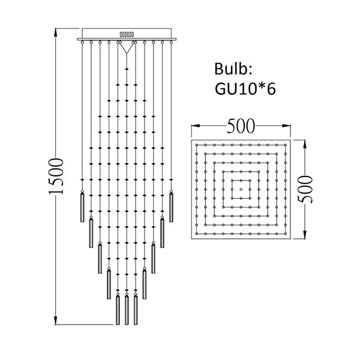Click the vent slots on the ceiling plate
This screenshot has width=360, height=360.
click(127, 35)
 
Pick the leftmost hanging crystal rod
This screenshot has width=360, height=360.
click(83, 207)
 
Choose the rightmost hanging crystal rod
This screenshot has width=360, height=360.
click(172, 207)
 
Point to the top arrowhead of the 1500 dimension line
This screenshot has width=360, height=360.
click(56, 29)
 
